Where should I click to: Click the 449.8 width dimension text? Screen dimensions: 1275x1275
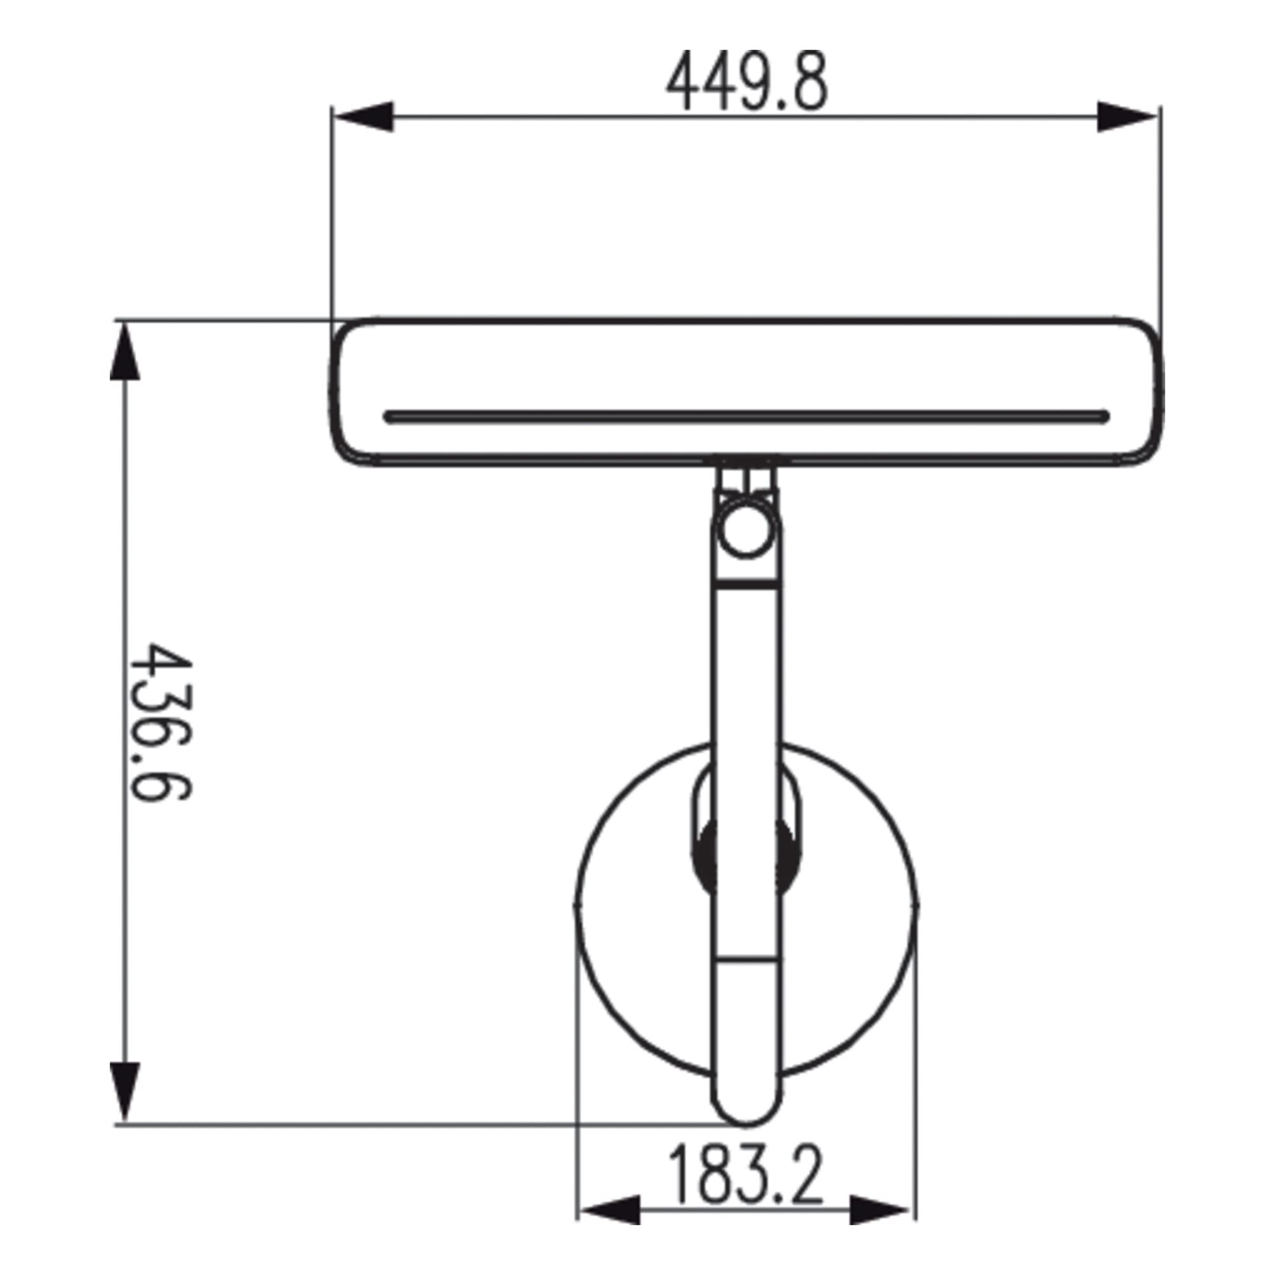(746, 81)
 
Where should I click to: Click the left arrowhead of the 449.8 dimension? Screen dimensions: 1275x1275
(363, 117)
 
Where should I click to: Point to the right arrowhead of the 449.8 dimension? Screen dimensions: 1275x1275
(1126, 117)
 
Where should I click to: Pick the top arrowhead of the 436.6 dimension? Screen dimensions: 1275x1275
(125, 352)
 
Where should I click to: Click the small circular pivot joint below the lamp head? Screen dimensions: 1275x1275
(746, 528)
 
